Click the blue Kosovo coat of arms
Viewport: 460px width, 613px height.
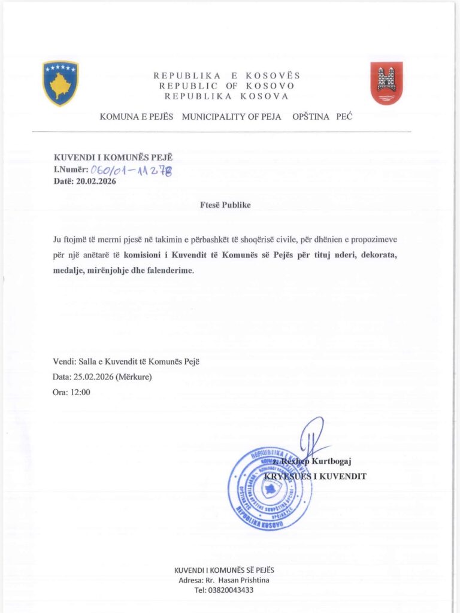coord(60,83)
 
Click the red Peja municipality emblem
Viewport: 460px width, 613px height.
coord(386,83)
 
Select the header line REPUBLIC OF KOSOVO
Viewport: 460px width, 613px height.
coord(226,86)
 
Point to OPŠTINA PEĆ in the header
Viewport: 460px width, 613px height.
coord(322,117)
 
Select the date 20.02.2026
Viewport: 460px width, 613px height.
coord(95,181)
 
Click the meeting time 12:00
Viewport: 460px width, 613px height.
coord(80,393)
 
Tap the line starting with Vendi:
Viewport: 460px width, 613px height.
coord(126,362)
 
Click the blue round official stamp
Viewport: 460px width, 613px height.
coord(270,488)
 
